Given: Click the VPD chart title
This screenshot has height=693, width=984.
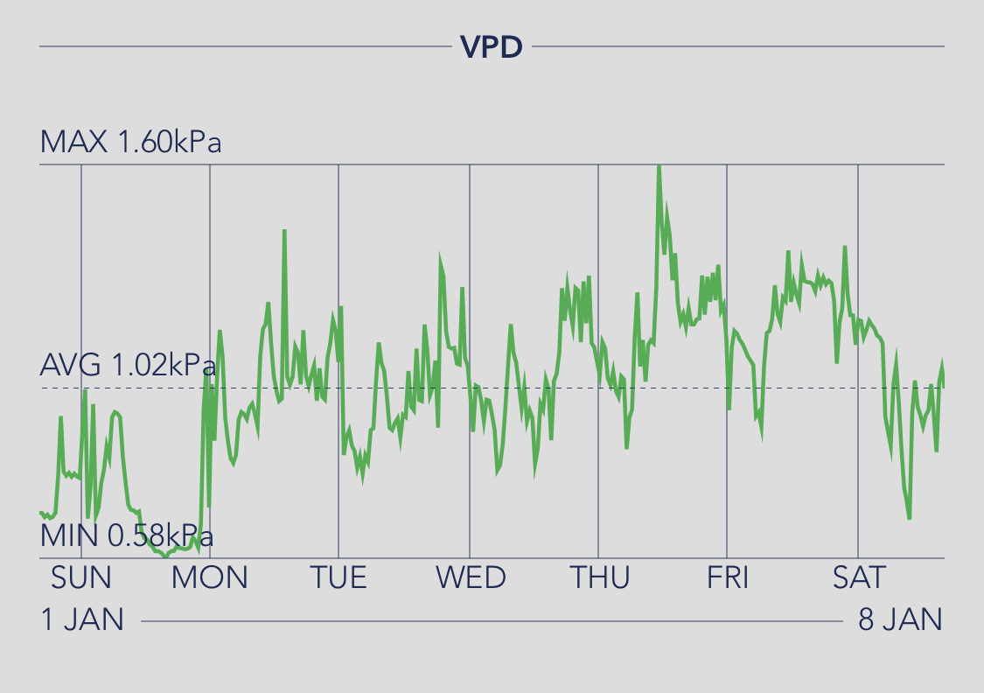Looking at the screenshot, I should click(x=492, y=46).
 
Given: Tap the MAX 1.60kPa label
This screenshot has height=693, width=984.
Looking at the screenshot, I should click(x=130, y=142).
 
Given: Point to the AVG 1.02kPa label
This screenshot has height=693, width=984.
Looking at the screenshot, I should click(x=128, y=364).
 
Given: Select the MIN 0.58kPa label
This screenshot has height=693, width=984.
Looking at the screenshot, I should click(x=127, y=535).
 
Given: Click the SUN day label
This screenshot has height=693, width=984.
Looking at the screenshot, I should click(x=81, y=577).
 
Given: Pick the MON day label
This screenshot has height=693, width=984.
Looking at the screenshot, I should click(x=210, y=577).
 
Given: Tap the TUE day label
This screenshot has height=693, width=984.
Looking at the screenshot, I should click(x=338, y=577).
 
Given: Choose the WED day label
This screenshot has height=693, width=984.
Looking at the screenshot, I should click(x=471, y=577).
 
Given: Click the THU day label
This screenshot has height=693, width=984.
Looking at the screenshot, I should click(x=599, y=577).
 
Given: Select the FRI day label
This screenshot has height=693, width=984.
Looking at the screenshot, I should click(x=728, y=577).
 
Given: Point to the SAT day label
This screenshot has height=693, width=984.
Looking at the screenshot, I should click(x=858, y=577).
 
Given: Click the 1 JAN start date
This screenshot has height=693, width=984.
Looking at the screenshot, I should click(x=82, y=619).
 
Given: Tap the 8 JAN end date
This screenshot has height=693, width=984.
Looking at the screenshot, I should click(x=900, y=619).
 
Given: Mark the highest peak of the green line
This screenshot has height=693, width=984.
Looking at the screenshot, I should click(x=659, y=166).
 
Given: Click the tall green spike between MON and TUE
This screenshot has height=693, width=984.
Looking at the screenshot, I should click(x=284, y=231).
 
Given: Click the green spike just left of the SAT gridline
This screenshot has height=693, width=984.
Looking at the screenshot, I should click(x=845, y=247).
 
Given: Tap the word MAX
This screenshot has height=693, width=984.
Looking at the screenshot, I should click(x=73, y=142).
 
